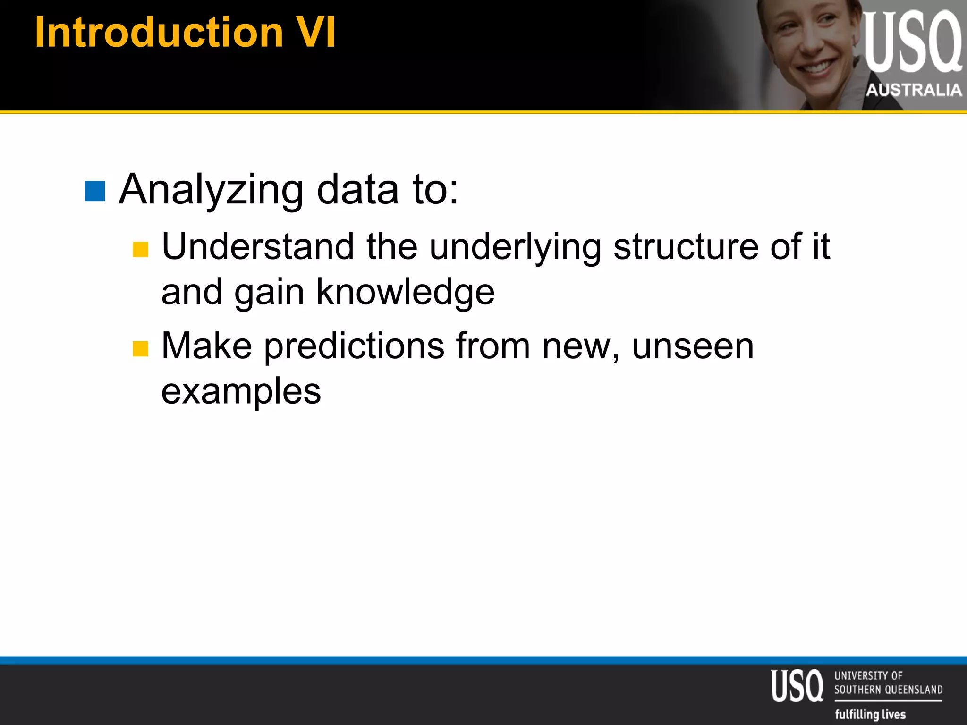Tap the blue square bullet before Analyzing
pyautogui.click(x=94, y=191)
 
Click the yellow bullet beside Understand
pyautogui.click(x=140, y=249)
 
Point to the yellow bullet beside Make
pyautogui.click(x=140, y=349)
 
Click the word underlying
pyautogui.click(x=515, y=247)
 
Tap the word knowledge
pyautogui.click(x=405, y=292)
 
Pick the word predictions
pyautogui.click(x=354, y=346)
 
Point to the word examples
pyautogui.click(x=241, y=391)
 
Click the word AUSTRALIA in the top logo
pyautogui.click(x=914, y=90)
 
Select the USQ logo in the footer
pyautogui.click(x=797, y=686)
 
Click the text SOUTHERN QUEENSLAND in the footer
pyautogui.click(x=888, y=690)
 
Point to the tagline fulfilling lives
pyautogui.click(x=870, y=714)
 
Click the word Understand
pyautogui.click(x=258, y=247)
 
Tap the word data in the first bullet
pyautogui.click(x=357, y=190)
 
